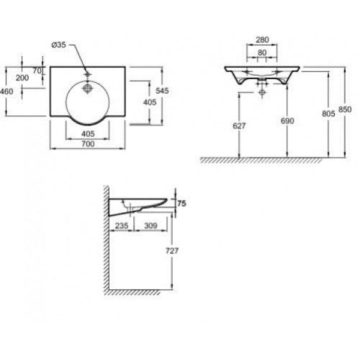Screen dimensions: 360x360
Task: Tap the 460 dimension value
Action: (x=7, y=91)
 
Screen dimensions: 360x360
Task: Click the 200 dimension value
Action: (x=22, y=78)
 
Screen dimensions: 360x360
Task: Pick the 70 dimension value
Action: (x=37, y=71)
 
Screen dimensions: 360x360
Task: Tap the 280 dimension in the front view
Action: (x=262, y=41)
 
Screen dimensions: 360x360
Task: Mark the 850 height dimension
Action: (x=344, y=110)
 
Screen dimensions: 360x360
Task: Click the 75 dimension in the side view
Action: (x=182, y=204)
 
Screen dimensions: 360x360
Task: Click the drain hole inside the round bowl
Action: (x=88, y=88)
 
